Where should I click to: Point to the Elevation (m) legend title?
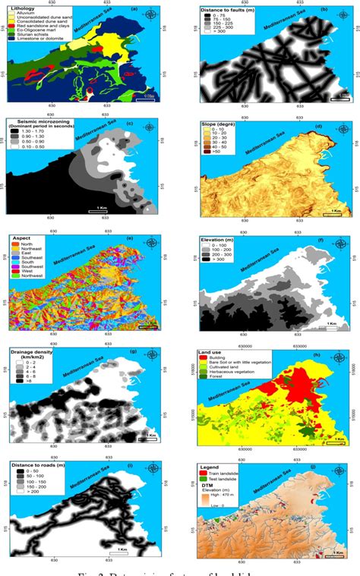pos(223,241)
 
